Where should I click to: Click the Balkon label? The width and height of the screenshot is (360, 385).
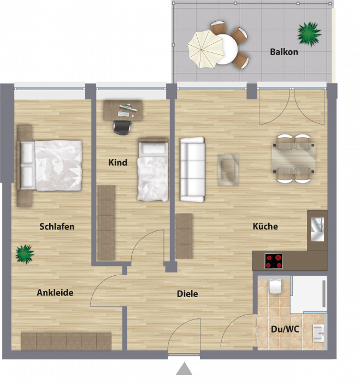[284, 52]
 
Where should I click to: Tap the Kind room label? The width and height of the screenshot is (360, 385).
[118, 162]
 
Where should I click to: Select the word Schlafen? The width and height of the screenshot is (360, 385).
[57, 227]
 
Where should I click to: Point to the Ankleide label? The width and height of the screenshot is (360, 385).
[55, 292]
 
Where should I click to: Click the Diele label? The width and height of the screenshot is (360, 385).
[187, 294]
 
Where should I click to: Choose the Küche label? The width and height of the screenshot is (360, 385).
[265, 226]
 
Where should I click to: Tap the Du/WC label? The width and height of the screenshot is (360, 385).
[285, 329]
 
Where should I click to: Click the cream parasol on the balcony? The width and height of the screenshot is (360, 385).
[205, 49]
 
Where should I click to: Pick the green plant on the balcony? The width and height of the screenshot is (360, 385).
[309, 34]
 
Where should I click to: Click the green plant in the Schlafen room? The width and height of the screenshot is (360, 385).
[25, 254]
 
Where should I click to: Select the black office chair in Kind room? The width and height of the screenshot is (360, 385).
[122, 127]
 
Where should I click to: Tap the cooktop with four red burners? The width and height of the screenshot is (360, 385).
[273, 261]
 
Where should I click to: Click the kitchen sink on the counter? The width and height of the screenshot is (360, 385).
[317, 229]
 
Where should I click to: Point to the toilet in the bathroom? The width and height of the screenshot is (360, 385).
[275, 286]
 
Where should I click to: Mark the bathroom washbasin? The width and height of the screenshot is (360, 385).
[318, 333]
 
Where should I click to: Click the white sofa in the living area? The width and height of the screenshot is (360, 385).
[192, 169]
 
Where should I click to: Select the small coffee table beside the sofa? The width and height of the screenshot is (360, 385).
[228, 170]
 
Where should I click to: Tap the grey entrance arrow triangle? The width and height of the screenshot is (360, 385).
[184, 369]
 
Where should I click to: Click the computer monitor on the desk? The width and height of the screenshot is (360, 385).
[128, 108]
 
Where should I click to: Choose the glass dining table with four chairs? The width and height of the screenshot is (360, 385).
[294, 158]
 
